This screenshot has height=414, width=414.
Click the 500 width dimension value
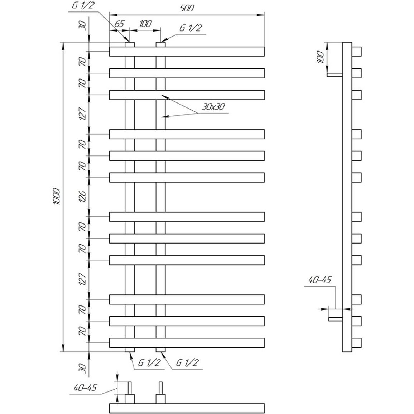click(187, 8)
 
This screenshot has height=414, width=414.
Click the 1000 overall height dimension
click(57, 197)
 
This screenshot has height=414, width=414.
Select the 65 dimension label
click(119, 24)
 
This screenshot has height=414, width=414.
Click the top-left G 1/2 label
click(83, 6)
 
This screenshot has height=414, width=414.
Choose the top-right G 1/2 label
click(191, 28)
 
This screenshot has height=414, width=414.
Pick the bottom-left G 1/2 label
click(149, 362)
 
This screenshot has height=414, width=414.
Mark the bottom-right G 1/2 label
click(187, 362)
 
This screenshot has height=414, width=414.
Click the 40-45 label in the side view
click(320, 280)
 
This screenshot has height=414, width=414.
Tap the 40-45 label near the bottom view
click(85, 387)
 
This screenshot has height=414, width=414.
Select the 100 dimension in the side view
click(320, 57)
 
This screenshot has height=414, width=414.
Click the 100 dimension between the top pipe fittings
click(145, 24)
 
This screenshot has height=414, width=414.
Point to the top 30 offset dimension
click(82, 26)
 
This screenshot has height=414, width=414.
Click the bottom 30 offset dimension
click(82, 368)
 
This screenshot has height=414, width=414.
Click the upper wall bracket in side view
click(335, 75)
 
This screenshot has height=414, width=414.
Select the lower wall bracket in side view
click(336, 319)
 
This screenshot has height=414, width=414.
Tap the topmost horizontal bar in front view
click(187, 52)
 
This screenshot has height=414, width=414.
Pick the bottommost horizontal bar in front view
click(187, 343)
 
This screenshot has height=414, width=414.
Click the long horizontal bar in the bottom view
click(187, 408)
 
